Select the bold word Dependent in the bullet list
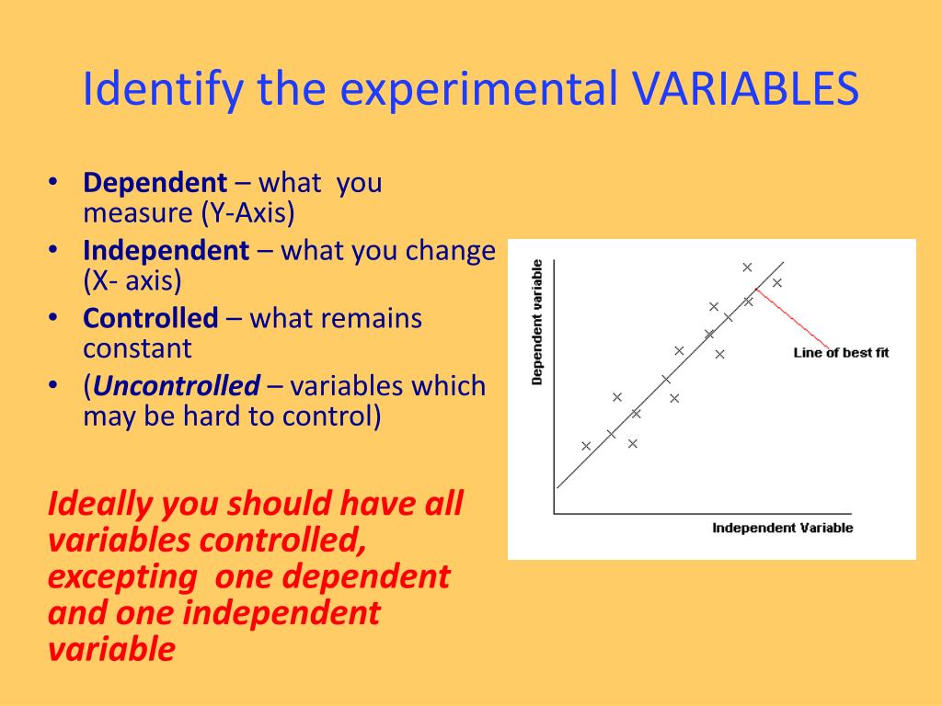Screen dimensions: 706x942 (x=155, y=183)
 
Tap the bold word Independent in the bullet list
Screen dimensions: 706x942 (x=166, y=251)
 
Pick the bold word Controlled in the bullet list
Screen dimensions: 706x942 (x=150, y=319)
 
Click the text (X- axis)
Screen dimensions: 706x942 (x=132, y=281)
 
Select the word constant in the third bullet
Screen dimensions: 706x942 (x=137, y=349)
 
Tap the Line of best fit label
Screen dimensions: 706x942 (x=841, y=353)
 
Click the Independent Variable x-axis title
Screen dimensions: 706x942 (x=782, y=528)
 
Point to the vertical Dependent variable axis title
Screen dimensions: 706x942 (x=537, y=322)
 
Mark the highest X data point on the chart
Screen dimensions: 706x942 (x=747, y=268)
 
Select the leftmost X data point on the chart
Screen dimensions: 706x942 (x=586, y=446)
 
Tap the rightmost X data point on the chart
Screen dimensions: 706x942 (x=777, y=283)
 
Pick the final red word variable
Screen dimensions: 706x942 (x=110, y=649)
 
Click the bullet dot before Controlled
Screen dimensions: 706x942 (x=54, y=318)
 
